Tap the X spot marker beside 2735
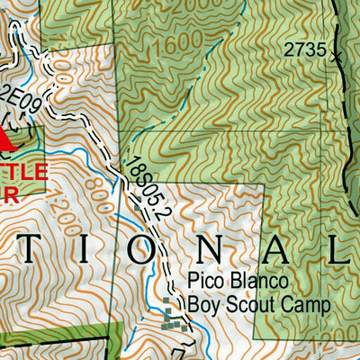(335, 56)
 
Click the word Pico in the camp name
(206, 283)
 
